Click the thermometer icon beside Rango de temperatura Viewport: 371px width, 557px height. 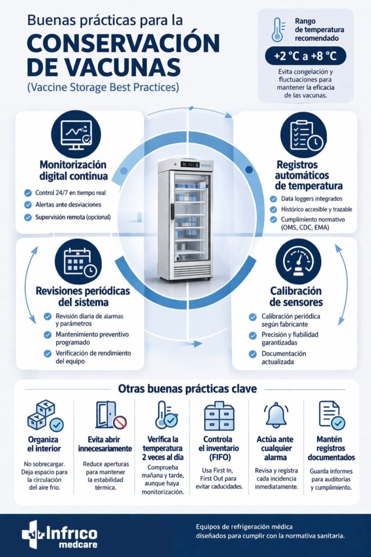278,30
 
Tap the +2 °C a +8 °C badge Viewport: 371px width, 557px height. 305,56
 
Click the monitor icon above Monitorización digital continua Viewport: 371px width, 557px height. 76,135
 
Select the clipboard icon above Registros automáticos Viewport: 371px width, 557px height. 303,135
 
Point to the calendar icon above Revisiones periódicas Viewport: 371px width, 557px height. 78,262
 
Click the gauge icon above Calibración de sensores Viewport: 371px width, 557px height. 298,262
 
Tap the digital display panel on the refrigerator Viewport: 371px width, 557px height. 190,164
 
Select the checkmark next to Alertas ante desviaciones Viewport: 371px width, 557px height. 28,205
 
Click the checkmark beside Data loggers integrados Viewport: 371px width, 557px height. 273,199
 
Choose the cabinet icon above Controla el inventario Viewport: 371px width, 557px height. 219,416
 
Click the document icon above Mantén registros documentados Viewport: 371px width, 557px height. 332,415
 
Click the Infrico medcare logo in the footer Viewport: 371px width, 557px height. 59,534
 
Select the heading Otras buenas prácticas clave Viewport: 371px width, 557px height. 187,388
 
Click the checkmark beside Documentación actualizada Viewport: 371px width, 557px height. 253,354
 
